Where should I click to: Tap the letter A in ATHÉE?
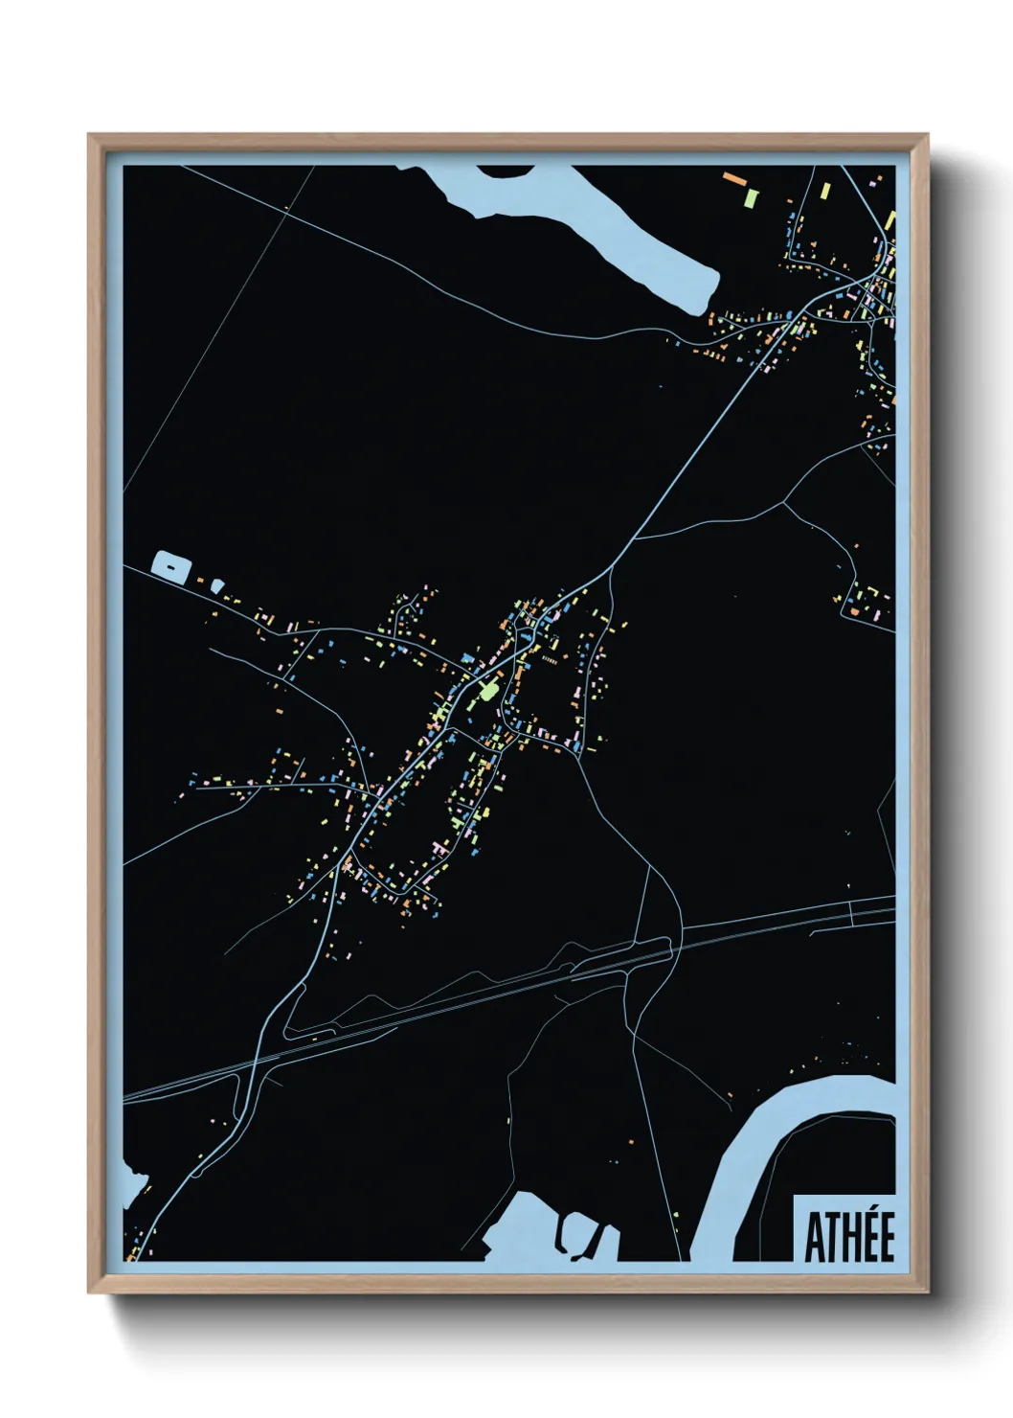[814, 1239]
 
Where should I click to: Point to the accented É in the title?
[885, 1237]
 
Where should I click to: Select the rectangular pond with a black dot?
[169, 566]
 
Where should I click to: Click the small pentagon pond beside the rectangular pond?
[218, 583]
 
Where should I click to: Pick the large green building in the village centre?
[488, 690]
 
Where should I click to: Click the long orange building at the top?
[734, 178]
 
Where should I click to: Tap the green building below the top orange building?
[752, 198]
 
